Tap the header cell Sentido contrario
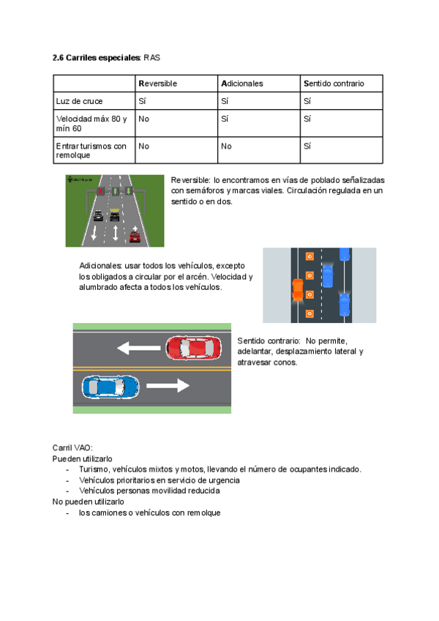click(333, 83)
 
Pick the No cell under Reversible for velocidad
click(144, 119)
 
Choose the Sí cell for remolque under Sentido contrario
click(307, 146)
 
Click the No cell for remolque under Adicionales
click(226, 146)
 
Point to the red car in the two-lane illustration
click(192, 347)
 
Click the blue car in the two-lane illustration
click(110, 385)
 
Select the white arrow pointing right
click(168, 385)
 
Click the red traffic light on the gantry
click(100, 191)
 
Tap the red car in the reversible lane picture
click(135, 235)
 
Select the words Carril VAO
click(72, 447)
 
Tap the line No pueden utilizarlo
click(88, 502)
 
